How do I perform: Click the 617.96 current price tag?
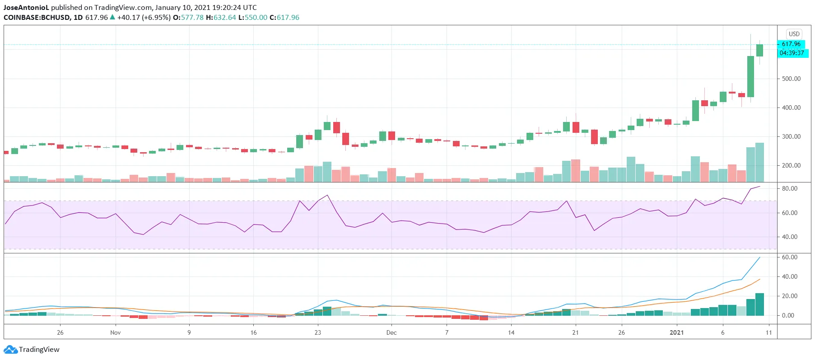791,44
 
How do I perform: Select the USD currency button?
794,34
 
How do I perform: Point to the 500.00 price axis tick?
791,79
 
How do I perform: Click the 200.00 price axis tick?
791,165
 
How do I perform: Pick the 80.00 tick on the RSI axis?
789,188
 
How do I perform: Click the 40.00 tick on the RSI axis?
789,237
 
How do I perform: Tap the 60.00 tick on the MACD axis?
789,257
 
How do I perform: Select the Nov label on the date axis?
116,332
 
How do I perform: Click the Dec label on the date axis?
391,332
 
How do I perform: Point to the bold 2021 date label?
676,332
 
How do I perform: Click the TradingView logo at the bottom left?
32,350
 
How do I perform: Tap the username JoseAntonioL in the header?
26,8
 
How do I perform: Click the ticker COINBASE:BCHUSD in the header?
37,18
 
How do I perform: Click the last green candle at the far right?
760,50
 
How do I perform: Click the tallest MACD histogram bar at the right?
760,304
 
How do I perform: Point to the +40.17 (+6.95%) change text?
144,18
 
